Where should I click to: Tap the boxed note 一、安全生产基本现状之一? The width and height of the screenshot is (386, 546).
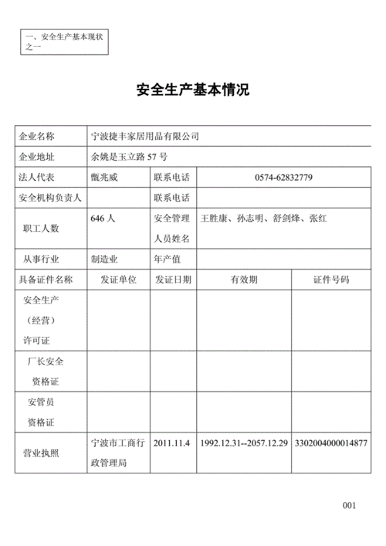click(x=65, y=41)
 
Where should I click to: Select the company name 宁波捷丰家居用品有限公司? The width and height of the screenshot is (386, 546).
click(x=145, y=137)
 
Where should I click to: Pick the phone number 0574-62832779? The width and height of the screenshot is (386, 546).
click(x=283, y=178)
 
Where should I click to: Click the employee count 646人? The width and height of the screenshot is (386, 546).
click(x=103, y=219)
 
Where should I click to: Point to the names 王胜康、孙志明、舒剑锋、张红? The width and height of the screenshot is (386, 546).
click(x=263, y=219)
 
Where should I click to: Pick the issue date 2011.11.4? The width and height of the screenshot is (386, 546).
click(x=171, y=443)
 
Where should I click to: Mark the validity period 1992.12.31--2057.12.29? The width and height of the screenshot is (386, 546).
click(x=244, y=443)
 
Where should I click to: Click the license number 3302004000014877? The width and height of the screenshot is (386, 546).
click(x=330, y=443)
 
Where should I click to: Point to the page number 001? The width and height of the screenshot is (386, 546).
click(x=349, y=505)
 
